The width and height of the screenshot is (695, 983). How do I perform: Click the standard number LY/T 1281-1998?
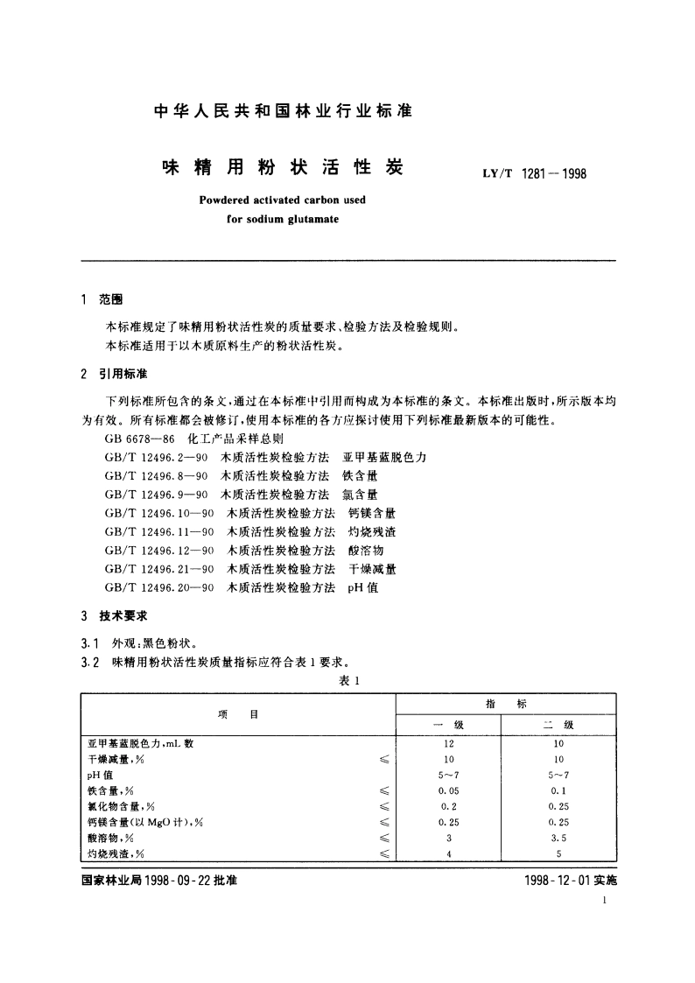point(534,173)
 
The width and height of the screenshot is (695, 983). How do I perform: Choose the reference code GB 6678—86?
point(133,439)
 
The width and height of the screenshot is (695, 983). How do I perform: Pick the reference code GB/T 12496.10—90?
point(158,513)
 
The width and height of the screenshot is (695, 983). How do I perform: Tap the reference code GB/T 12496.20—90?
point(158,586)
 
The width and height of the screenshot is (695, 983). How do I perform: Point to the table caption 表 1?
point(349,679)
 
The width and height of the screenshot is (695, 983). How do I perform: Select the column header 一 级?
point(448,725)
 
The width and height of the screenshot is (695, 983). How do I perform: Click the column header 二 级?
point(558,725)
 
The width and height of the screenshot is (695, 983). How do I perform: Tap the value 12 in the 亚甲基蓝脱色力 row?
point(448,743)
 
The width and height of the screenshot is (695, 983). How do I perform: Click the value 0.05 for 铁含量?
point(448,790)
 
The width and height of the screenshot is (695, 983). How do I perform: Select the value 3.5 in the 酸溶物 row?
point(558,838)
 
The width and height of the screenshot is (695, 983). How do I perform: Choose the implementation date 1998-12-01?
point(544,881)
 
